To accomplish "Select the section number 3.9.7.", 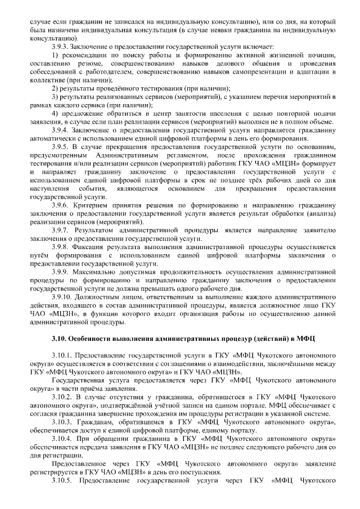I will coord(61,232).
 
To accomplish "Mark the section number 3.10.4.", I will coord(62,439).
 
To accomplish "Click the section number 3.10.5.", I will coord(62,481).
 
